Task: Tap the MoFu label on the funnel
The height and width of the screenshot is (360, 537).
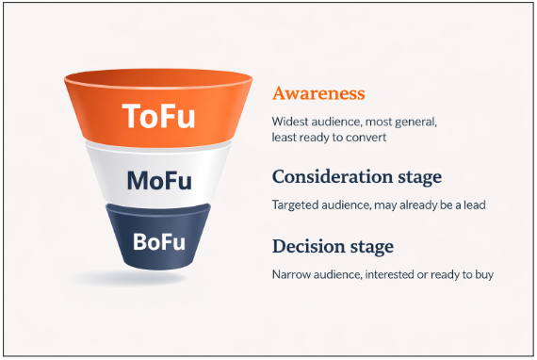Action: [x=162, y=179]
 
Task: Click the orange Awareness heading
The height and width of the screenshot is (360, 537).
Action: [x=318, y=93]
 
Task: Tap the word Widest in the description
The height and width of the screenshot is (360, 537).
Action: [x=291, y=122]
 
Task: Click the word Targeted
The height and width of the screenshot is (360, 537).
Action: [x=296, y=204]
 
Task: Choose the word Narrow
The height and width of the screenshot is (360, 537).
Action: [x=292, y=274]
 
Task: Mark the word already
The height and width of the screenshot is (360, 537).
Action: [x=414, y=204]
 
